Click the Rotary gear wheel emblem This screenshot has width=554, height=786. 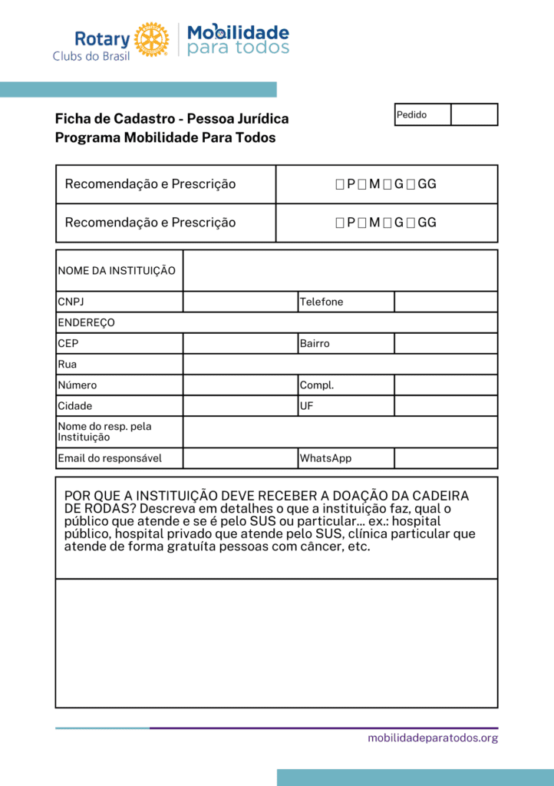click(x=151, y=40)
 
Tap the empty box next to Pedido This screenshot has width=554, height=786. click(x=474, y=115)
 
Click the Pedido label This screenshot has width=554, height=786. click(x=412, y=115)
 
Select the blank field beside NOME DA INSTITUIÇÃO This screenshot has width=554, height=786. click(x=340, y=271)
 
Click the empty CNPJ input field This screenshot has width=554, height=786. click(x=240, y=302)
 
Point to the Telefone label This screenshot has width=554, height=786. click(x=322, y=302)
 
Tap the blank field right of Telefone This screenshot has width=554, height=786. click(x=446, y=302)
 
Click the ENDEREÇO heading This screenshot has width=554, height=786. click(x=87, y=322)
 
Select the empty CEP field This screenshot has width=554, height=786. click(x=240, y=343)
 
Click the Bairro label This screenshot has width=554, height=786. click(x=315, y=343)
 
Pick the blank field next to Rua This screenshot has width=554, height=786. click(x=340, y=364)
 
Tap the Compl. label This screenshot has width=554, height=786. click(x=317, y=385)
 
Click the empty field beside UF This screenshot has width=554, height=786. click(x=446, y=405)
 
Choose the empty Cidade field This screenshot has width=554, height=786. click(x=240, y=405)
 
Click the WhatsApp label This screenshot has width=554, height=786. click(x=325, y=458)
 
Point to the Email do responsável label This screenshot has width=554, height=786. click(x=110, y=458)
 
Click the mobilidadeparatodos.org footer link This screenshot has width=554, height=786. click(x=433, y=738)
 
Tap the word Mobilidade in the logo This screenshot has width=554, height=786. click(x=239, y=32)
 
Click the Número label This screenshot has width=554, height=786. click(x=77, y=385)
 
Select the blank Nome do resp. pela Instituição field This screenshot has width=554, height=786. click(x=340, y=431)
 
